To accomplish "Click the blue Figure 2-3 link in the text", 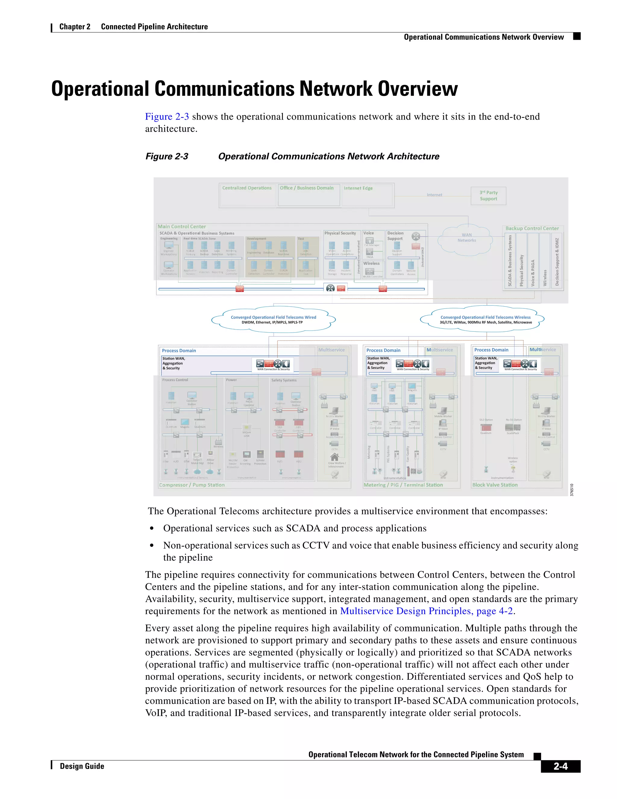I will coord(167,117).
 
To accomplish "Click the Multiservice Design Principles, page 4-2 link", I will coord(426,611).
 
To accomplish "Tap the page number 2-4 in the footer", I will coord(560,766).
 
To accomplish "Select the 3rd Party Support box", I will coord(488,196).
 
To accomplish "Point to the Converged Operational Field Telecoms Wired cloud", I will coord(274,319).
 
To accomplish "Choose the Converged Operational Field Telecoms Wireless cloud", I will coord(485,319).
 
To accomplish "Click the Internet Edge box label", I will coord(358,188).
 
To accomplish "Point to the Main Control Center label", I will coord(182,226).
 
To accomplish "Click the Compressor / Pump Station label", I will coord(192,485).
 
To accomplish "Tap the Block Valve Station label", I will coord(495,485).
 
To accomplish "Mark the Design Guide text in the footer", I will coord(82,766).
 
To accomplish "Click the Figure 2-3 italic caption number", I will coord(167,156).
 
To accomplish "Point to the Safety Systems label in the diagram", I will coord(283,380).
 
